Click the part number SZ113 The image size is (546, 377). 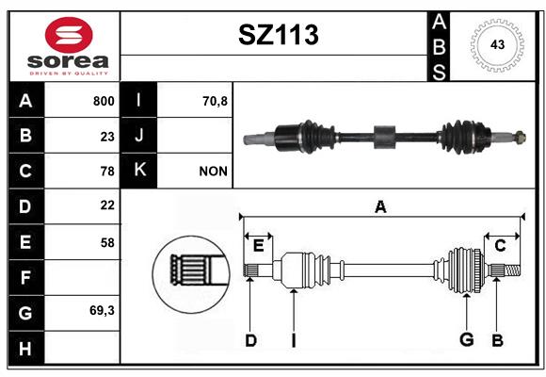279,35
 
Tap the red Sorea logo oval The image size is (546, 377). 69,35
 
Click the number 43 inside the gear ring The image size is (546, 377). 497,44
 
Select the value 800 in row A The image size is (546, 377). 104,101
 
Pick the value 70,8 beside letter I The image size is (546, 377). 215,101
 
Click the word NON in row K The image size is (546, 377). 213,172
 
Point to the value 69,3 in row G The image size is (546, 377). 102,310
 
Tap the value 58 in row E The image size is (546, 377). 107,242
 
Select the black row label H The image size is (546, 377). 26,348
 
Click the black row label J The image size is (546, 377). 138,136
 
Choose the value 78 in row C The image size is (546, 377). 107,172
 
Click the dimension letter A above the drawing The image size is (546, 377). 380,206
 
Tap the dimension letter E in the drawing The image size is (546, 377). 258,246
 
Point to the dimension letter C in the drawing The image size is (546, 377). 500,246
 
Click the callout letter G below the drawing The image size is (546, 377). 467,339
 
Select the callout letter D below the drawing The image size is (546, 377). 251,340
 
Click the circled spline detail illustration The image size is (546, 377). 191,274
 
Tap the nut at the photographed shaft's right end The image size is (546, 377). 521,137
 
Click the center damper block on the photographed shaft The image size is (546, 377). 385,137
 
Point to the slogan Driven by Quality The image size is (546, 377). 69,74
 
